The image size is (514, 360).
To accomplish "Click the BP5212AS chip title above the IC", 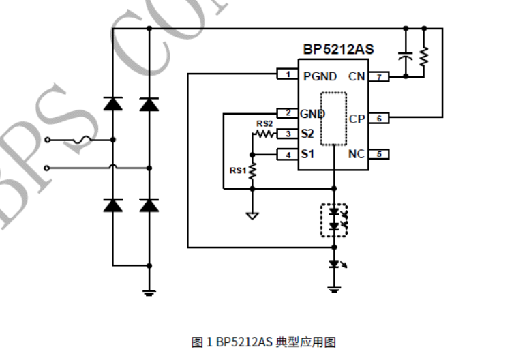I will click(x=338, y=51).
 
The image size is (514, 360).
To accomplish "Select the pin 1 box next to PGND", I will click(x=287, y=74).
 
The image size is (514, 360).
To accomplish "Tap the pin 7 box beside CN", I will click(x=379, y=77).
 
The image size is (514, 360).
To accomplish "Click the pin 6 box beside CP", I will click(x=379, y=118).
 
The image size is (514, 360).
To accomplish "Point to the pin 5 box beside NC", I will click(x=379, y=154).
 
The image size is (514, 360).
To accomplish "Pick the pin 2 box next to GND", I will click(x=287, y=112).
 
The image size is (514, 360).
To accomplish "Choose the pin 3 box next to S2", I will click(x=287, y=134).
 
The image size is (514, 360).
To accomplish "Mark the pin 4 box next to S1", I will click(x=287, y=155).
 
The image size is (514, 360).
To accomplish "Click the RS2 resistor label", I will click(x=264, y=123).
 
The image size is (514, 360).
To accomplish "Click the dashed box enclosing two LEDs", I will click(x=334, y=220).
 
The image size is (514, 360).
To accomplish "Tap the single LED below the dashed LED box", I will click(x=334, y=264).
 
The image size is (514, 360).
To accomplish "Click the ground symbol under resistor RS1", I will click(x=252, y=216).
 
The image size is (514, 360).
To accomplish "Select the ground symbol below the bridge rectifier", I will click(x=149, y=292).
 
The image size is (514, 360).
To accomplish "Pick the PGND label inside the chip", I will click(x=320, y=76).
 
